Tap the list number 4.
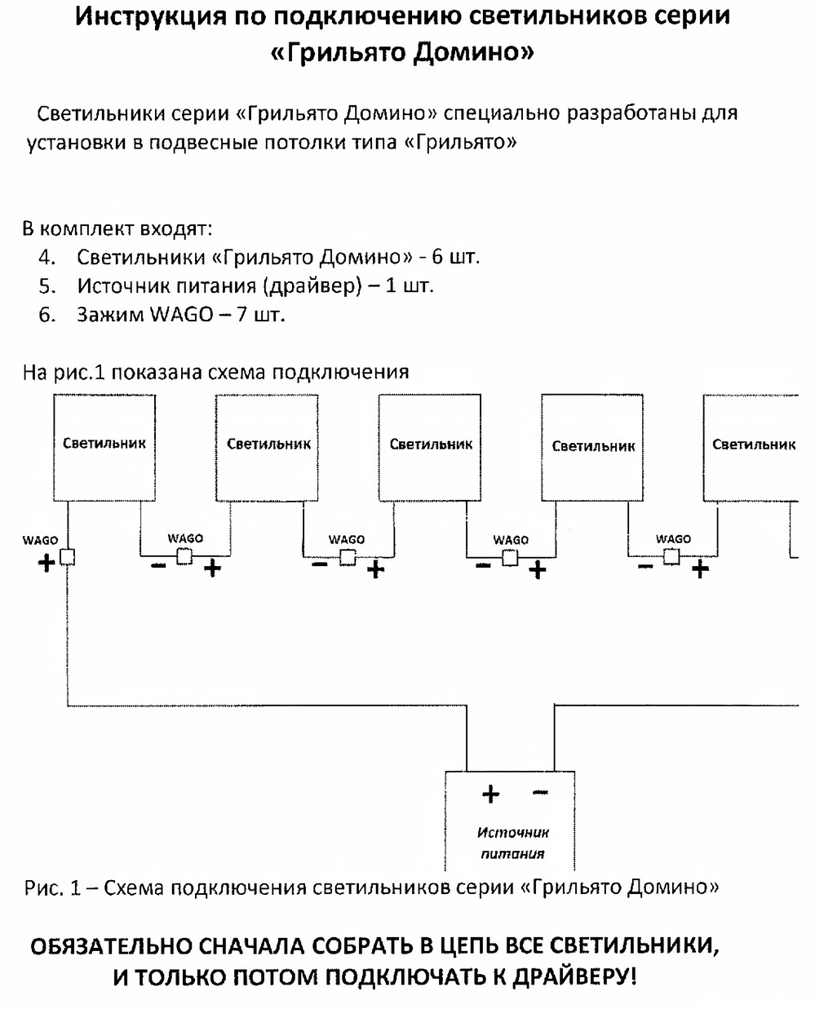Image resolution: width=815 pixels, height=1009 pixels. tap(47, 258)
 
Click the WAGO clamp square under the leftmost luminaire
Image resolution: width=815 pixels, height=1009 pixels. tap(68, 557)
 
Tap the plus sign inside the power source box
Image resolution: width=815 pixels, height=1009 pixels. tap(490, 793)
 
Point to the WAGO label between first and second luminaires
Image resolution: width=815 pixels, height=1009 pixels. tap(185, 538)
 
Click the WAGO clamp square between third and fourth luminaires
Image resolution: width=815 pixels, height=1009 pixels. tap(511, 558)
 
